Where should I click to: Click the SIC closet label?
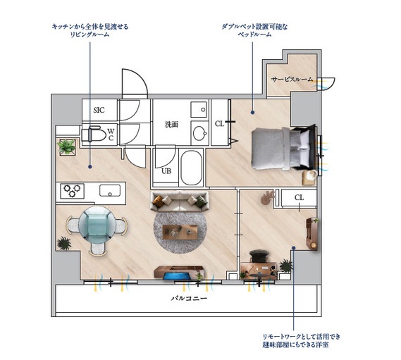99,110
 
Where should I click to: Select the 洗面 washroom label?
171,125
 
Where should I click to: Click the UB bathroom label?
166,170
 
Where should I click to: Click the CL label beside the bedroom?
219,124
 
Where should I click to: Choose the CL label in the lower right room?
299,198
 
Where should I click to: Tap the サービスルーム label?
292,80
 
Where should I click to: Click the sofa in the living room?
180,203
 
